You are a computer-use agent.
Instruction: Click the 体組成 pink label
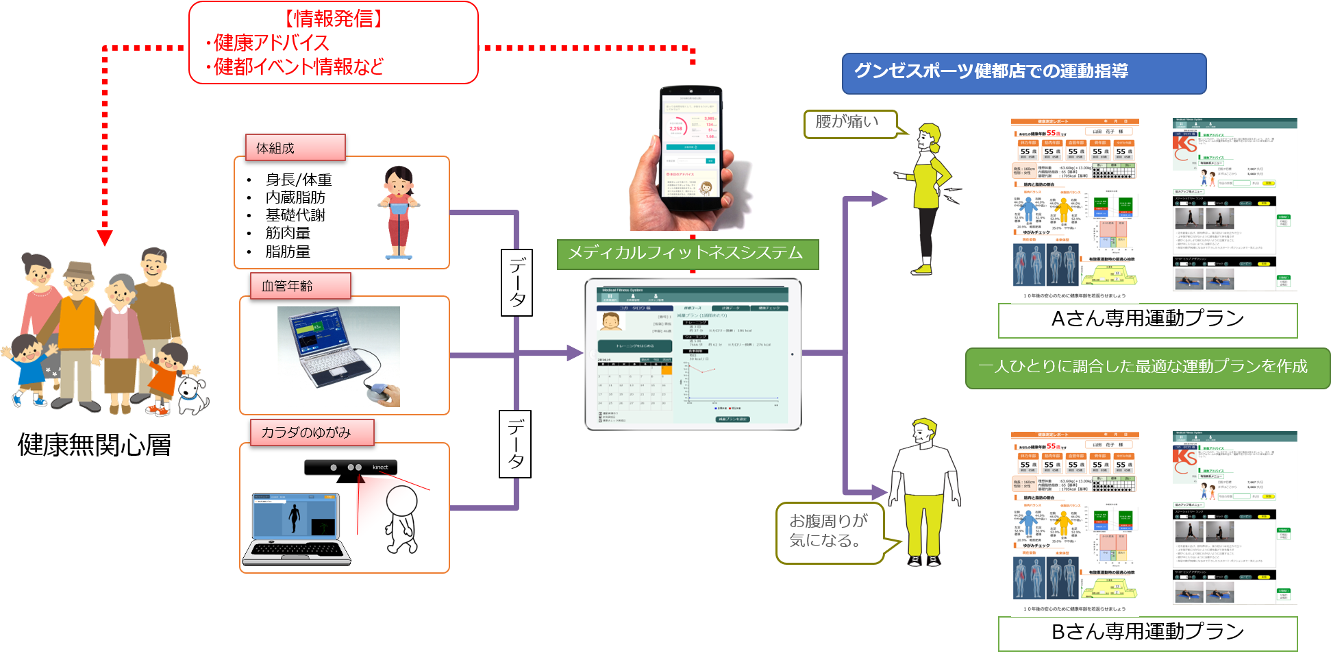pos(295,147)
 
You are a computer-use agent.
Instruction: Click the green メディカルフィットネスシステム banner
pos(687,254)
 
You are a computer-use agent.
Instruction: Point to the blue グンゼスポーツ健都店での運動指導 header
pos(1023,73)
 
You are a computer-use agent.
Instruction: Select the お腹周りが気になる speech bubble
pos(830,532)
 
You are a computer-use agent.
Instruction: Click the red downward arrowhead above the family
pos(105,237)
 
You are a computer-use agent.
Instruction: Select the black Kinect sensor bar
pos(351,467)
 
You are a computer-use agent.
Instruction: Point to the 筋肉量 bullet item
pos(288,234)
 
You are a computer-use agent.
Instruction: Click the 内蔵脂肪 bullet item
pos(295,197)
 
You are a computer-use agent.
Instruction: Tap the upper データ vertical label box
pos(517,282)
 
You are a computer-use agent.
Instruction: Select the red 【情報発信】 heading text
pos(334,19)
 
